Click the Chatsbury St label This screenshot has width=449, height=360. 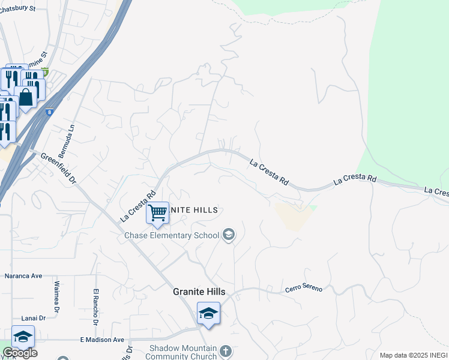(x=17, y=9)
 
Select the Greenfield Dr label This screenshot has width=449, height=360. (x=59, y=168)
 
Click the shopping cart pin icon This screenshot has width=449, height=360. (x=157, y=212)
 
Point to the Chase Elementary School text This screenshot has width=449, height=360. (x=172, y=235)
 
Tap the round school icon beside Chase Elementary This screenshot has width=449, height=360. (x=228, y=235)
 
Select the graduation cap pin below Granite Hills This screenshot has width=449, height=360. (x=208, y=313)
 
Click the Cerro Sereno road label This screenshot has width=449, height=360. (x=304, y=289)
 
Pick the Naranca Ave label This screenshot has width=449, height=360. (x=23, y=276)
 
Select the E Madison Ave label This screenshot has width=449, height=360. (x=102, y=340)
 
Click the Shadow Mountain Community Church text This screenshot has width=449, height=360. (x=182, y=352)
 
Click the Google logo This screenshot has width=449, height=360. (x=19, y=353)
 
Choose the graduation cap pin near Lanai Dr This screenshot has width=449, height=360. (x=23, y=336)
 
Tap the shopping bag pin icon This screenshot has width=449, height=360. (x=26, y=97)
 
